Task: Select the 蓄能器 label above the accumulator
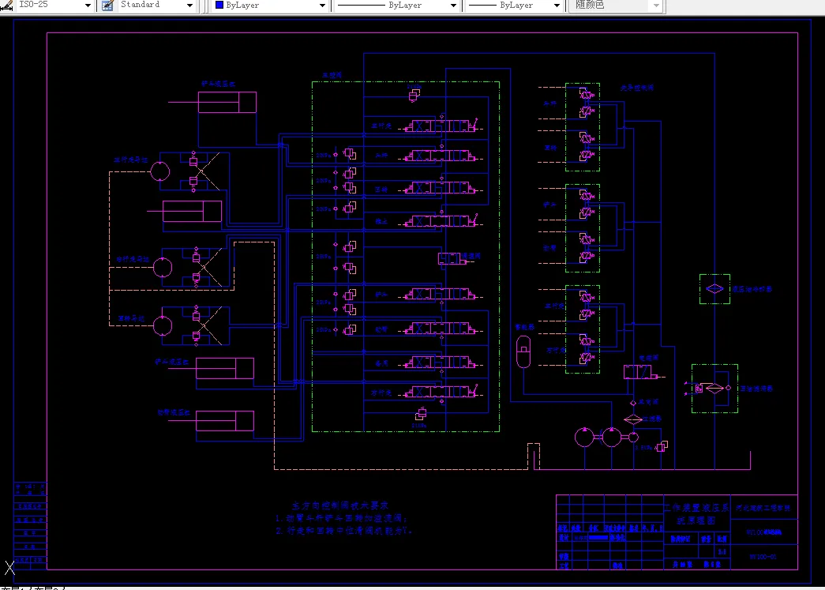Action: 523,325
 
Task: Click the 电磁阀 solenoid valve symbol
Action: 636,372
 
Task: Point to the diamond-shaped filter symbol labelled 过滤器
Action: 633,418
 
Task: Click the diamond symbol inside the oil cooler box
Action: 714,289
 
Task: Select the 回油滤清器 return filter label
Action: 756,389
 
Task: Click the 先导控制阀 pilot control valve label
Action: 636,89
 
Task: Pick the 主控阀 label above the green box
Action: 331,76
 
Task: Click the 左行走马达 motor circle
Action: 161,171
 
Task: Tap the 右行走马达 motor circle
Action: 163,266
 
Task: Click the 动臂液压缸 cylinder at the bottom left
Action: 225,421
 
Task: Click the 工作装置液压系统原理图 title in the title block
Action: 689,514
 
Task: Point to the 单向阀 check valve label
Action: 648,402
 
